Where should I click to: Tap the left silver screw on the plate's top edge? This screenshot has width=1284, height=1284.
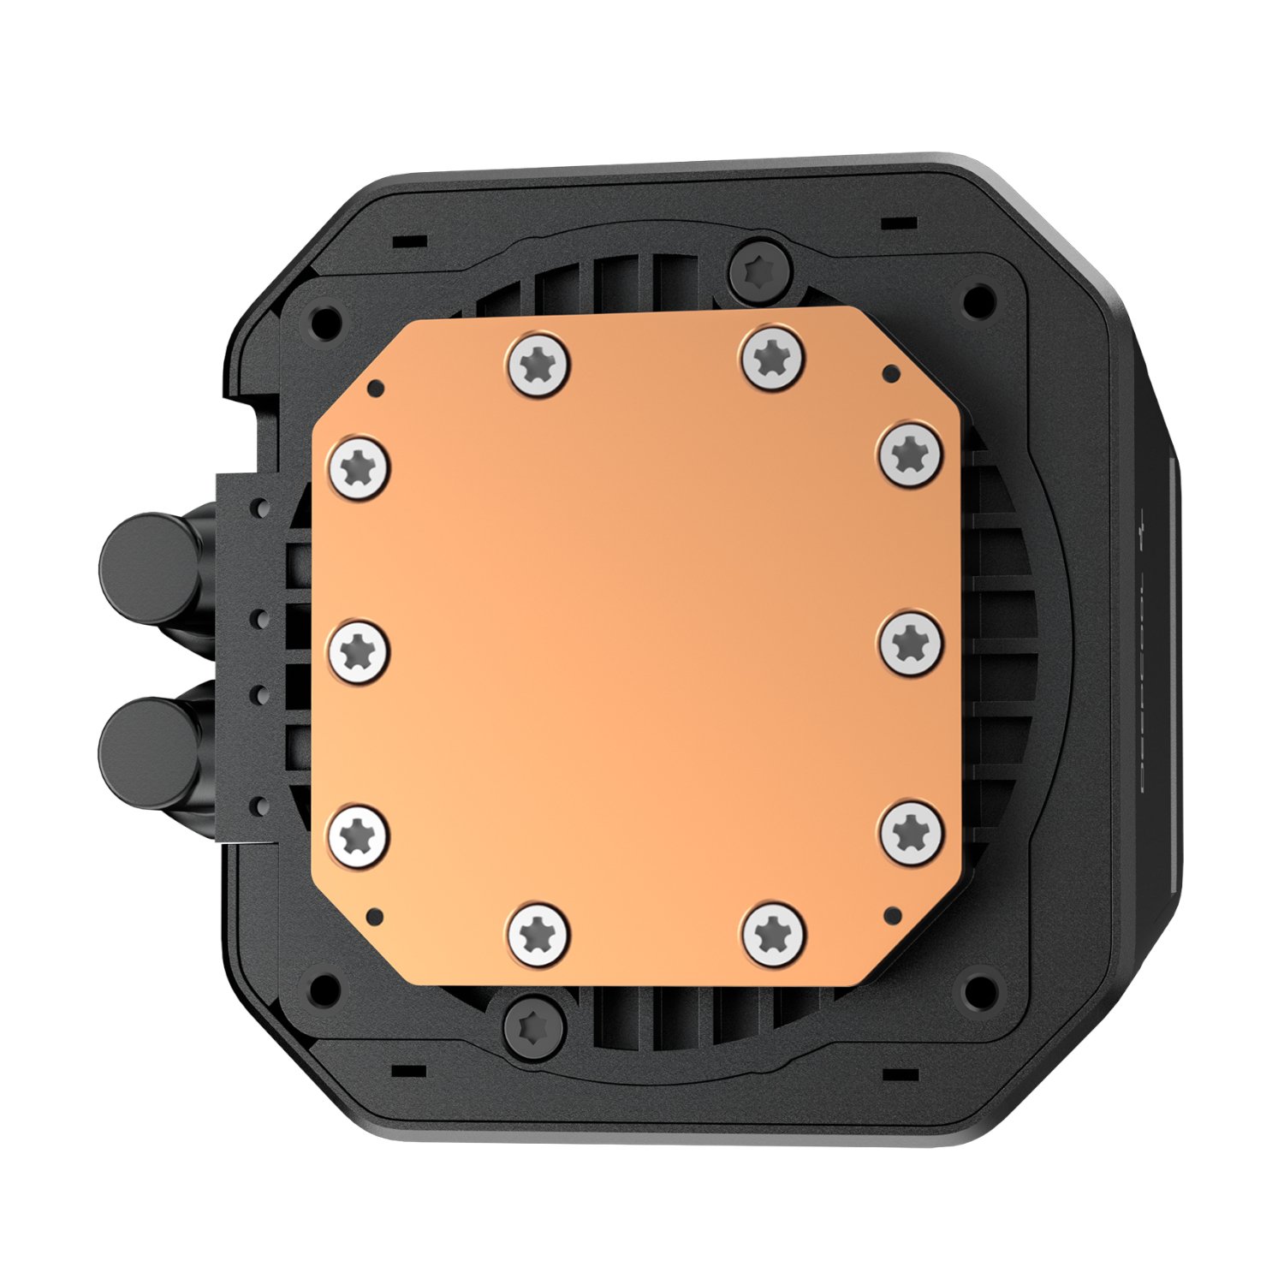tap(539, 365)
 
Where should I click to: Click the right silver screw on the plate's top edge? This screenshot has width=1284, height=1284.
tap(773, 354)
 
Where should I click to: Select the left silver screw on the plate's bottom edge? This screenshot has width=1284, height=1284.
tap(538, 933)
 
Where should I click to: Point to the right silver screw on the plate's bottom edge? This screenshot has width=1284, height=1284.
tap(774, 931)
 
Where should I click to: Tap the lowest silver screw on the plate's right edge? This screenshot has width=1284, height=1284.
tap(912, 830)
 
